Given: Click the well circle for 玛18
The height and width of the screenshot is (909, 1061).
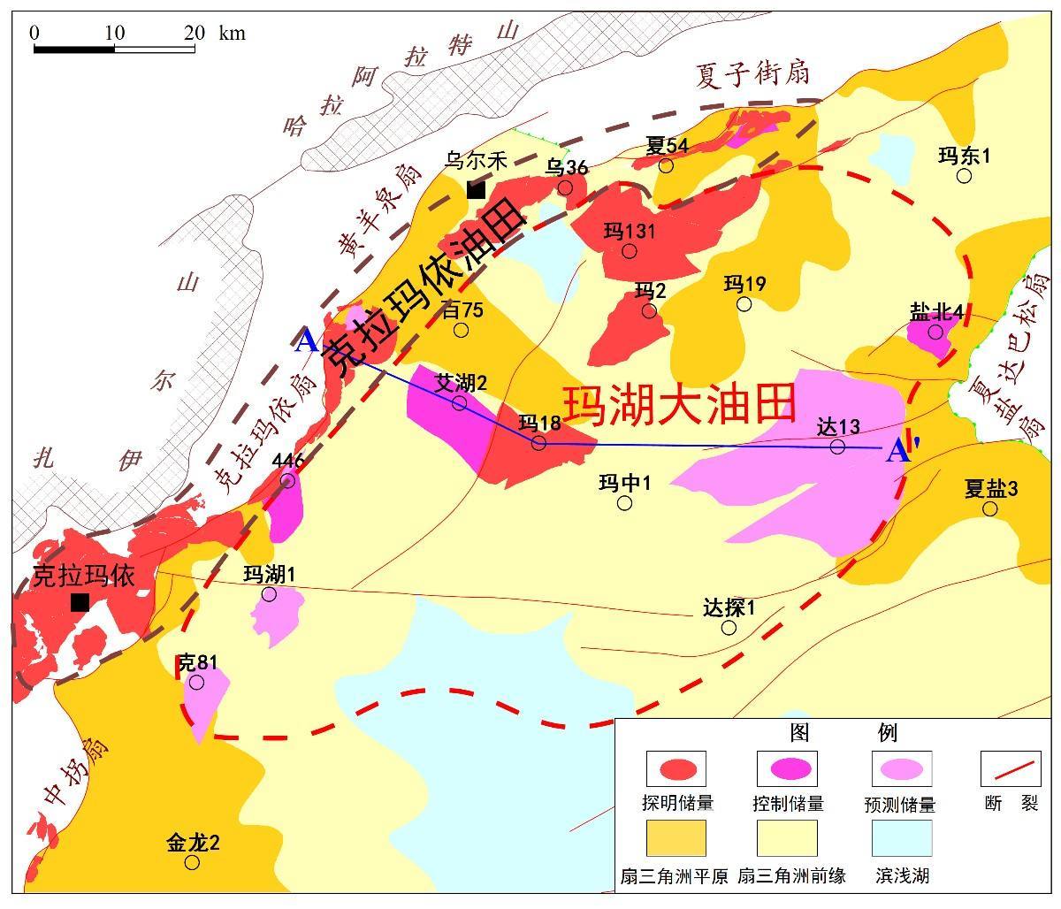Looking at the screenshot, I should (538, 442).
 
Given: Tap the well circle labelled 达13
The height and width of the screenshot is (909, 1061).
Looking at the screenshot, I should (837, 447).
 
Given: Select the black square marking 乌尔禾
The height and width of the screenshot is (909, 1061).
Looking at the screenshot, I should (476, 190).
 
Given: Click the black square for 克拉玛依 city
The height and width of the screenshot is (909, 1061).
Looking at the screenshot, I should (80, 602).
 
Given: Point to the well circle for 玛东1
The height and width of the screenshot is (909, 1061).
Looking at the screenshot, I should (965, 176).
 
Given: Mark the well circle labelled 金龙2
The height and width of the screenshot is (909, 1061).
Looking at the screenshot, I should (192, 862).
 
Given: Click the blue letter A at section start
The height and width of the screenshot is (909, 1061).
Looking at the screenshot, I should (306, 340).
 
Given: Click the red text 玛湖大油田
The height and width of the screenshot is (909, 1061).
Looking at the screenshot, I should (680, 404).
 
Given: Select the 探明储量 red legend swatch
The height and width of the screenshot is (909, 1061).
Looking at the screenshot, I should (676, 768).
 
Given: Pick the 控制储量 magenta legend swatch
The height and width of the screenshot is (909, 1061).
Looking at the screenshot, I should (787, 768).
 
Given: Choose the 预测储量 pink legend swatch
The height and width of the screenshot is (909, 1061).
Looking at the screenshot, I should (901, 768).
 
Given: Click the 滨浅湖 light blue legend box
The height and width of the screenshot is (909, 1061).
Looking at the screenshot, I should (901, 838).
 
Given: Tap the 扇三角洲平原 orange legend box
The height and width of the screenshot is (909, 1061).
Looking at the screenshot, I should (676, 838).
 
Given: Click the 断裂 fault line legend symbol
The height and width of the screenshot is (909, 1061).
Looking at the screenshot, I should (1011, 768).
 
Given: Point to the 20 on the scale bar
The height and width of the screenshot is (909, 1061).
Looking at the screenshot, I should (195, 33).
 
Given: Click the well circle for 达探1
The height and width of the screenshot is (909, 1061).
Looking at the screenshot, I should (729, 628).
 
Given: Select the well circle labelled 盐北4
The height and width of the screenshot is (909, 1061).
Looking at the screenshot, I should (935, 332).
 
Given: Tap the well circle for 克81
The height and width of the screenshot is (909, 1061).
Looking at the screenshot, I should (196, 682).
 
